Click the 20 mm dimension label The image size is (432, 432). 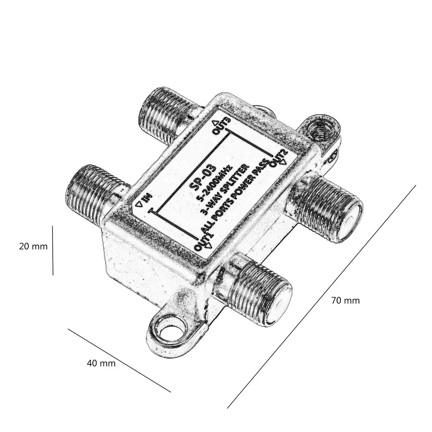(33, 246)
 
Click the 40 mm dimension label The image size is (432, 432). (101, 364)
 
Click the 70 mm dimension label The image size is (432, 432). (346, 300)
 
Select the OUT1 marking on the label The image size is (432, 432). (204, 241)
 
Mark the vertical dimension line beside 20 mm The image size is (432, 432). (53, 250)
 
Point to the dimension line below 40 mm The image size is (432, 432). (120, 360)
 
